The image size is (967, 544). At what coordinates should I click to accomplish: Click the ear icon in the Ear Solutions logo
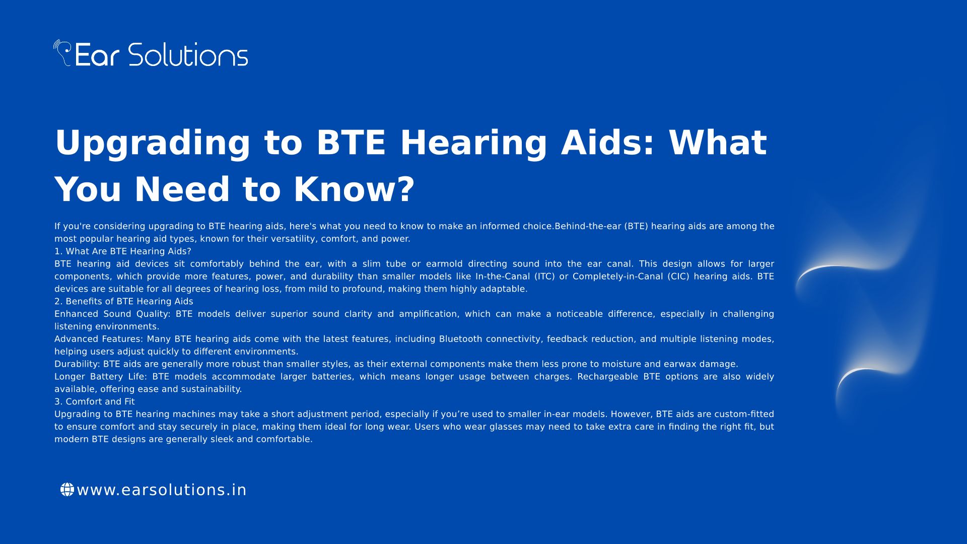(x=63, y=52)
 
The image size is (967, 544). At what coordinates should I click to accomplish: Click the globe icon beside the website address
(x=67, y=490)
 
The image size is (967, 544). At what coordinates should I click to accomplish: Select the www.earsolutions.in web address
(x=162, y=490)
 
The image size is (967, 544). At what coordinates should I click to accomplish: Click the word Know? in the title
(x=354, y=189)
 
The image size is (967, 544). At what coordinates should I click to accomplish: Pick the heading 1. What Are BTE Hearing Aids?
(x=123, y=251)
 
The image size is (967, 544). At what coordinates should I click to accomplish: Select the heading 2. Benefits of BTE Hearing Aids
(x=124, y=301)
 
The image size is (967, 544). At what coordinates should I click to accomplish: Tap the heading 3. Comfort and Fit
(x=95, y=401)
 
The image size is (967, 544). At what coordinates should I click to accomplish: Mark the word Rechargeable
(x=608, y=377)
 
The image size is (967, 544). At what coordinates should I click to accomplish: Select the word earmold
(x=444, y=264)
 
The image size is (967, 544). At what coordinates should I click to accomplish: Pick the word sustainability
(x=211, y=389)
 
